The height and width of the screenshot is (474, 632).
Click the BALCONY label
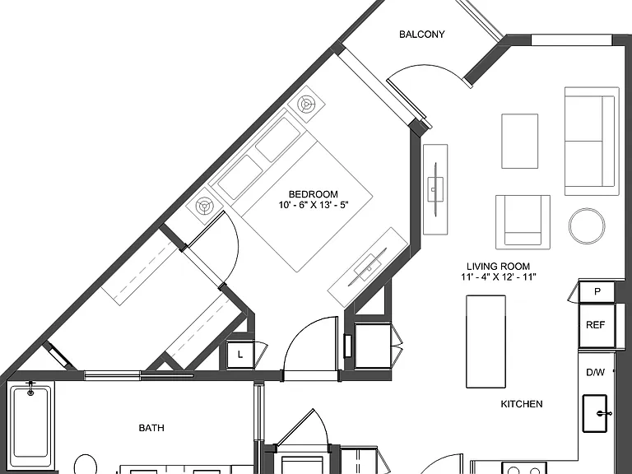[421, 35]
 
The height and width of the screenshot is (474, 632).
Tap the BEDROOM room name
[314, 194]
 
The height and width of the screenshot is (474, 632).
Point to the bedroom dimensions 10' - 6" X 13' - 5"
[314, 205]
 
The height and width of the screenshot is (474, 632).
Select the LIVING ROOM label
[498, 266]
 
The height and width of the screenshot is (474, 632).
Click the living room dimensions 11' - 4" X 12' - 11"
[499, 276]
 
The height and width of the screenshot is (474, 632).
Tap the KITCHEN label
[522, 404]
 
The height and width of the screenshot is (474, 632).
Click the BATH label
[151, 428]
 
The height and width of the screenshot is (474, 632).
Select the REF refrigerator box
[597, 325]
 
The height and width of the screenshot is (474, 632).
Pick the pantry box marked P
[597, 292]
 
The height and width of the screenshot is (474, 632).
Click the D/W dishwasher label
[595, 373]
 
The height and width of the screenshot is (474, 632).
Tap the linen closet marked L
[240, 355]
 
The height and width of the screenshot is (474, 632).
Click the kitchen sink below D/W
[595, 413]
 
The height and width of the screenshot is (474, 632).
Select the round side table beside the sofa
[587, 226]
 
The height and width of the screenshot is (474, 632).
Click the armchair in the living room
[523, 222]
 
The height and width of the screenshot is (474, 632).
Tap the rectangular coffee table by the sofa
[519, 141]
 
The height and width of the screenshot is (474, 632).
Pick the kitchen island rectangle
[486, 342]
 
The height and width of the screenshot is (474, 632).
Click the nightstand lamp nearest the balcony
[306, 104]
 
